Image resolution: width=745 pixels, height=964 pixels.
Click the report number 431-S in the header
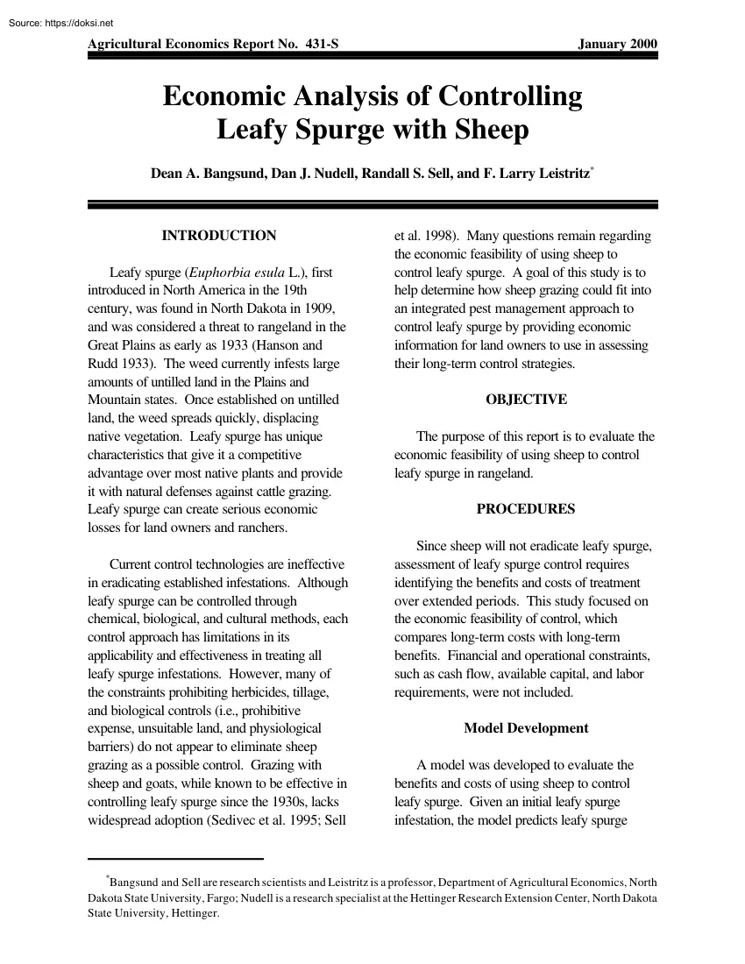314,45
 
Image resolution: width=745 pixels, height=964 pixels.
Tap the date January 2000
617,45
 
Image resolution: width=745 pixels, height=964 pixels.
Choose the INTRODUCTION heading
219,236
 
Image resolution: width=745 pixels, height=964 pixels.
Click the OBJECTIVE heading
526,400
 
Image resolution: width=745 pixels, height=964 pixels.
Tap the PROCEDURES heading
526,508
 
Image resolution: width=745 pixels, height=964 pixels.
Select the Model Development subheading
526,728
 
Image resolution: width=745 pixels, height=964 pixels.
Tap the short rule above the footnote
175,859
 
